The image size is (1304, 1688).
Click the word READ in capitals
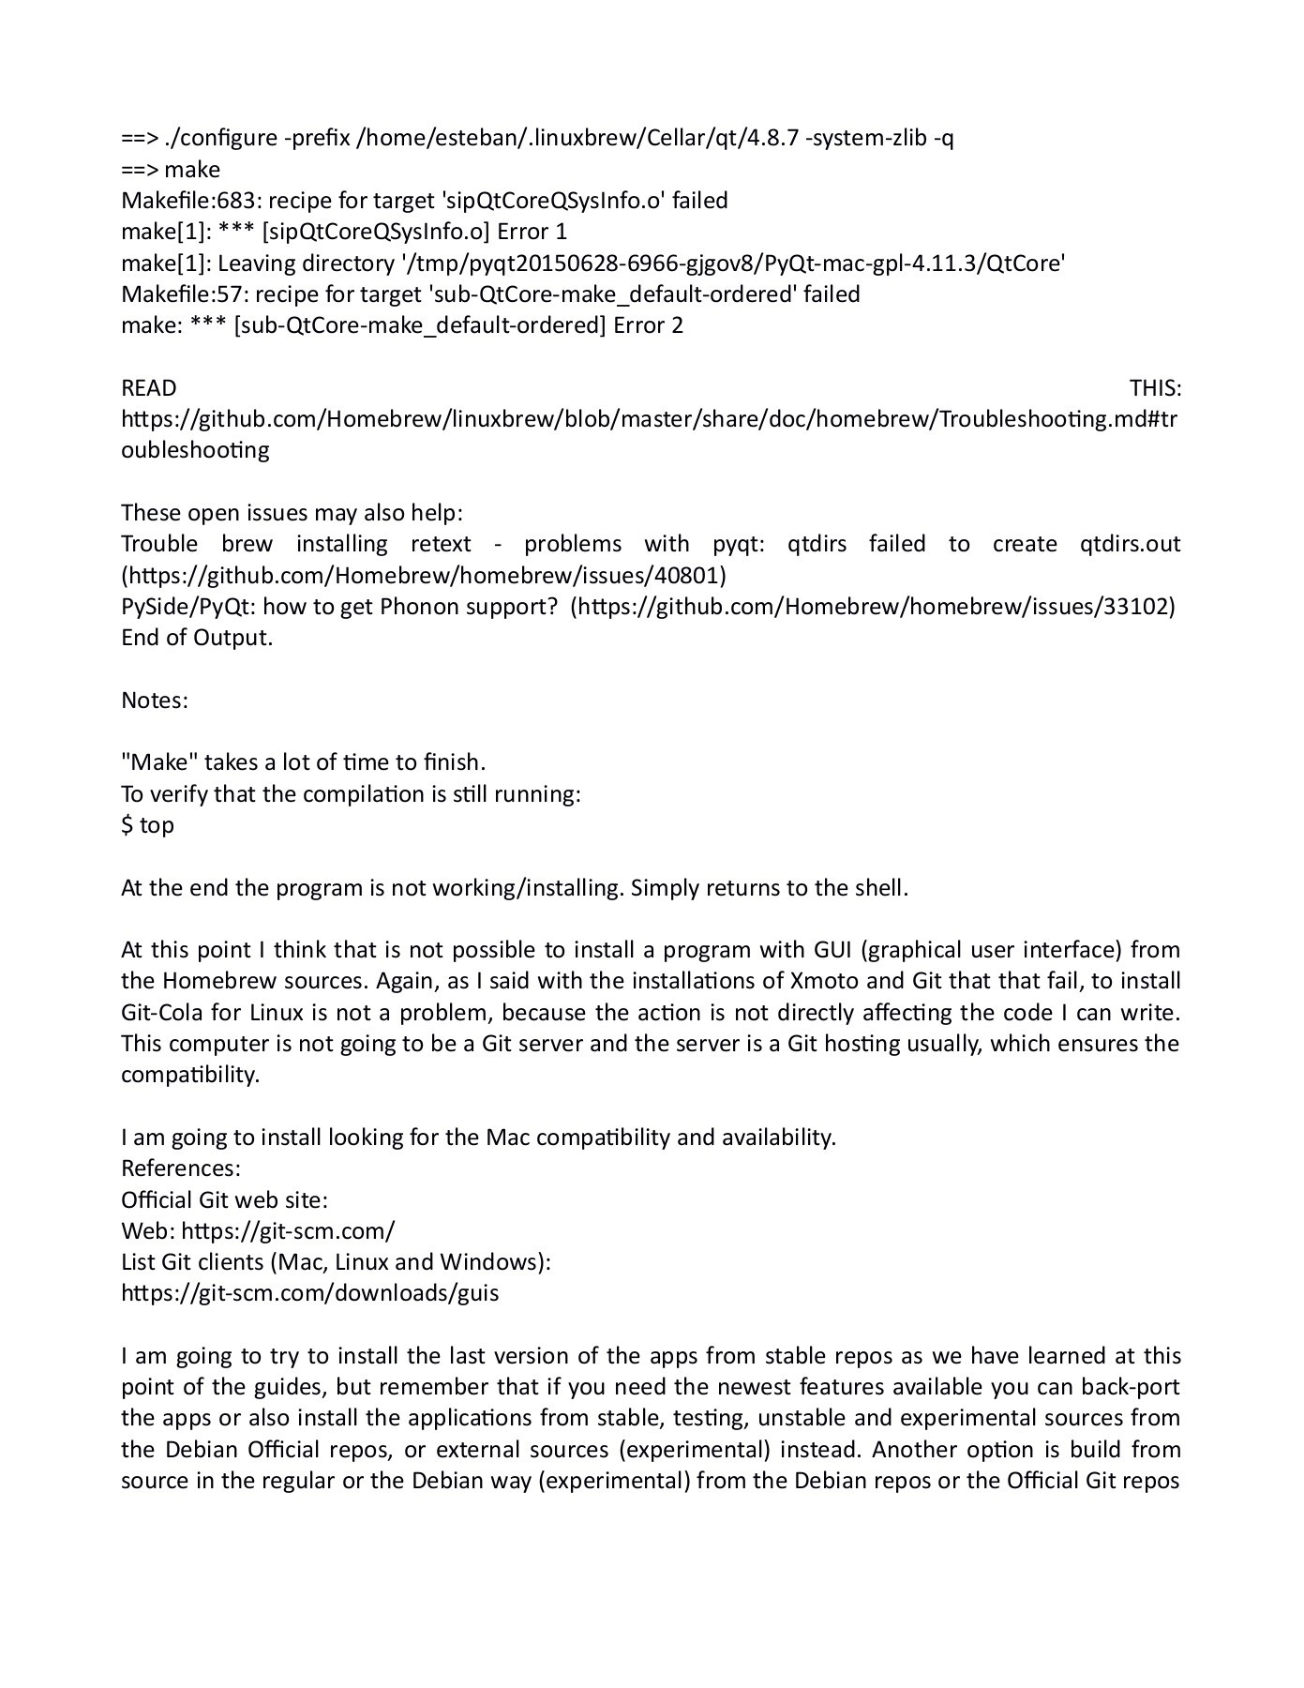point(148,388)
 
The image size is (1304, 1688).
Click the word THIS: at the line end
point(1155,388)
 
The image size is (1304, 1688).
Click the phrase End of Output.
point(197,638)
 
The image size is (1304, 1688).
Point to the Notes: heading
point(155,701)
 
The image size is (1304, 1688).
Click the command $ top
point(147,825)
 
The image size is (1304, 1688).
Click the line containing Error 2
point(402,325)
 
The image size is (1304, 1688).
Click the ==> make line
point(171,170)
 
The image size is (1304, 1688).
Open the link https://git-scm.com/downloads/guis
point(310,1293)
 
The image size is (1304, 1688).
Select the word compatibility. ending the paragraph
point(189,1075)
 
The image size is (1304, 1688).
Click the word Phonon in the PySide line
point(417,607)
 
